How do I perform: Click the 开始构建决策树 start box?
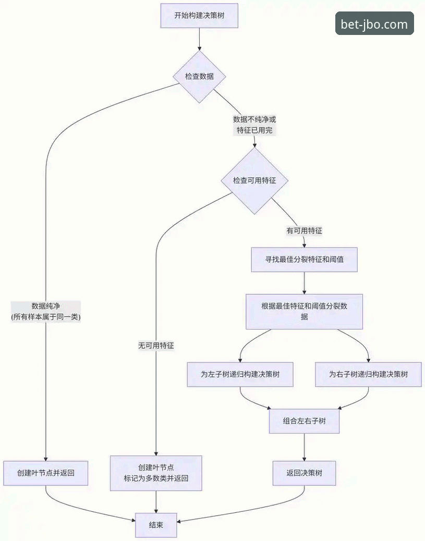click(x=199, y=16)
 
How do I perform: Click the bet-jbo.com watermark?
click(x=374, y=24)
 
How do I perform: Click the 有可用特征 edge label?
click(x=307, y=230)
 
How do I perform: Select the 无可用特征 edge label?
click(x=156, y=345)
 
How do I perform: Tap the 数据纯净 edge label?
click(x=46, y=311)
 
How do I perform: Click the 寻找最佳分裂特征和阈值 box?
click(x=304, y=259)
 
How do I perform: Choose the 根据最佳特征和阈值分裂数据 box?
click(x=304, y=311)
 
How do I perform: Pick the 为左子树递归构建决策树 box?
click(x=240, y=375)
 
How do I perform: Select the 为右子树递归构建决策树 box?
click(x=368, y=375)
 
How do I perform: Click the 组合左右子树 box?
click(x=304, y=421)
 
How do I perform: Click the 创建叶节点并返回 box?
click(x=45, y=473)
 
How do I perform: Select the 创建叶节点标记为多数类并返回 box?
click(x=156, y=473)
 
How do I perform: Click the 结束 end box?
click(x=156, y=525)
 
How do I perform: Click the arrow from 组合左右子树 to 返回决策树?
click(x=304, y=448)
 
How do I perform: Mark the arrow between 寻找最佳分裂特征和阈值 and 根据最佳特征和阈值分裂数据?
click(x=304, y=283)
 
